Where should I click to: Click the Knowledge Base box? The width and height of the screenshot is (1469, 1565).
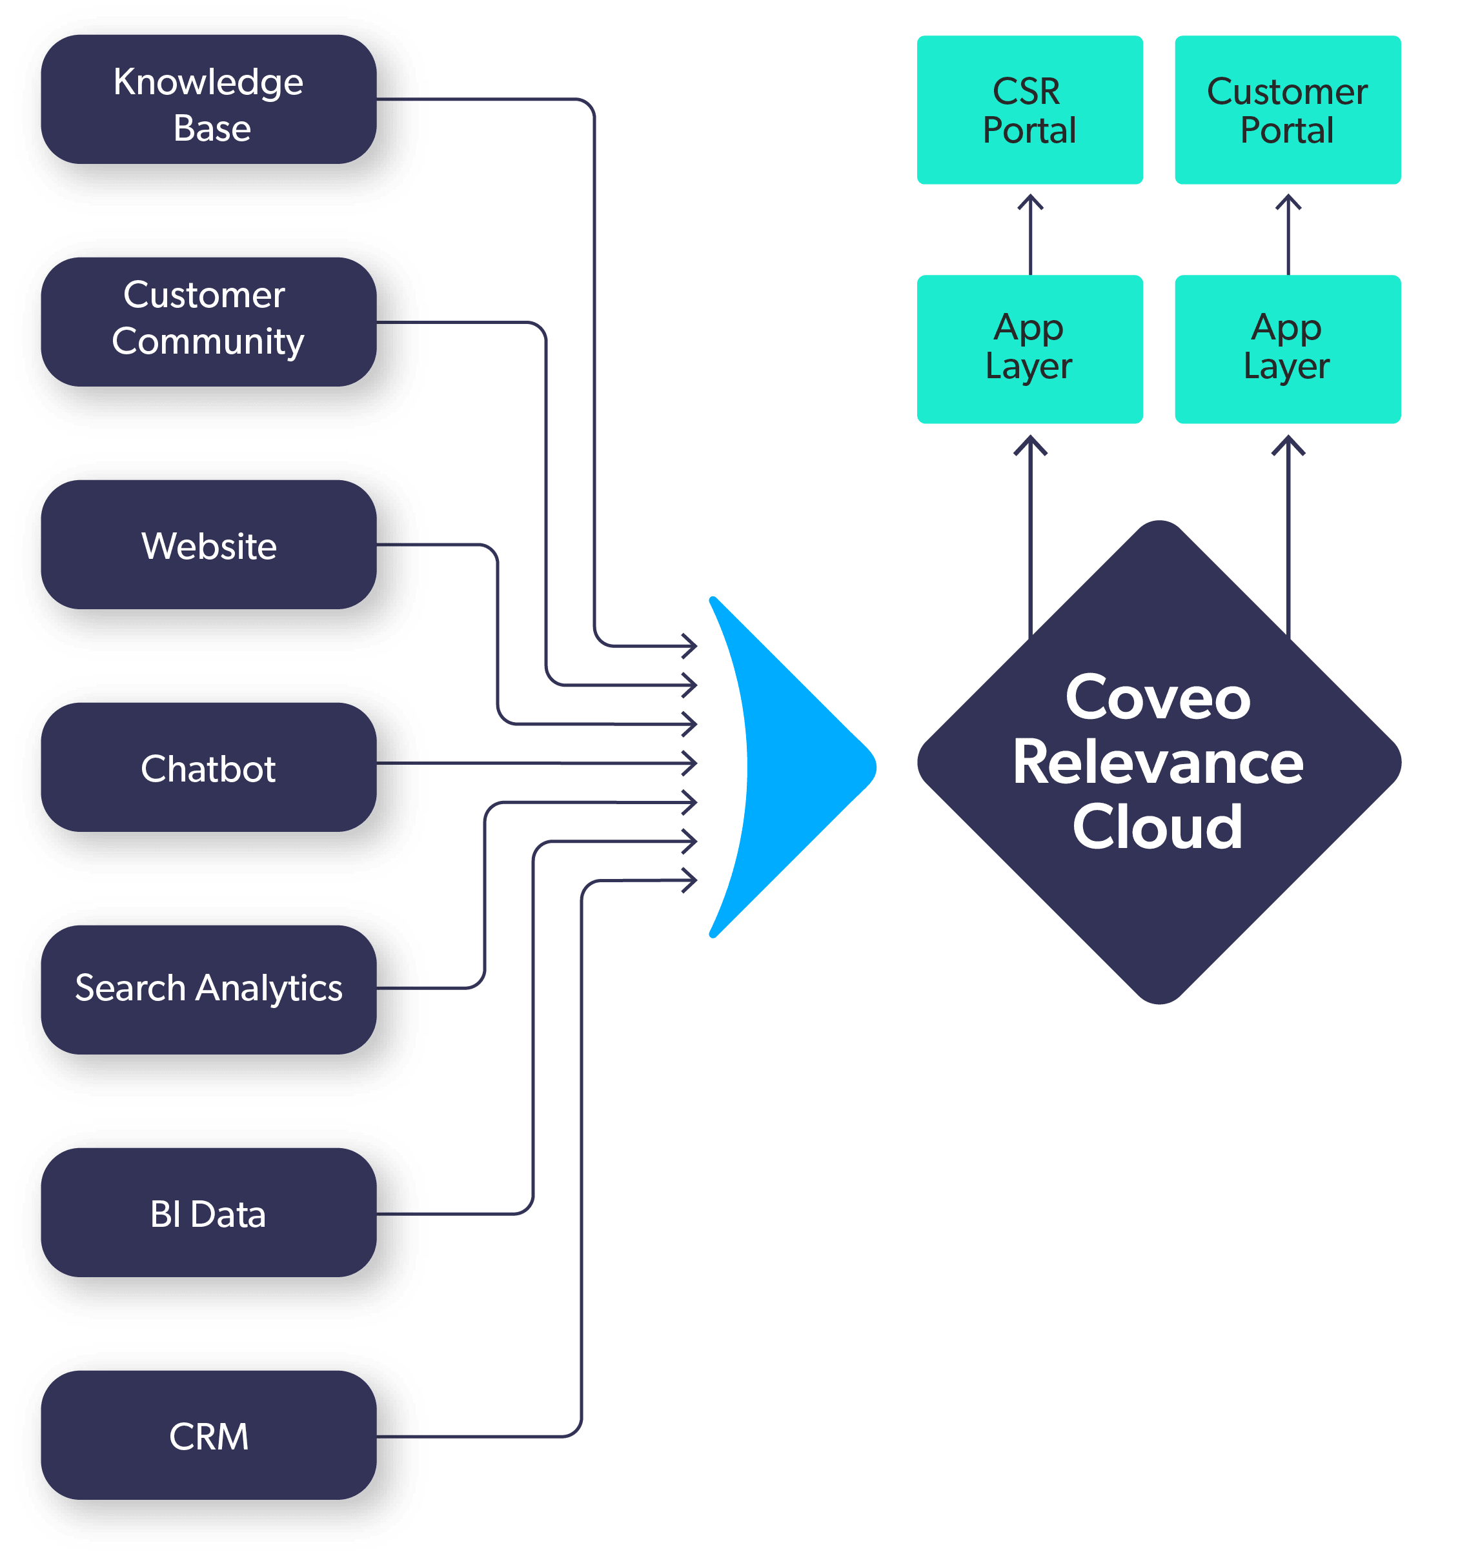[x=208, y=99]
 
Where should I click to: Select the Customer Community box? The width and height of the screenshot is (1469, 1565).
[x=208, y=322]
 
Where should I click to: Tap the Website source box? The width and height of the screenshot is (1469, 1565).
[x=208, y=545]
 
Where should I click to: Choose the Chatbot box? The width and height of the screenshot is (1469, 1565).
[x=208, y=767]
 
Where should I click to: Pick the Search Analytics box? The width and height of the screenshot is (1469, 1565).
[x=208, y=989]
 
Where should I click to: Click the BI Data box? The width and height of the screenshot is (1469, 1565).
[x=208, y=1213]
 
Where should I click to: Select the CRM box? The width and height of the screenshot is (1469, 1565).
[x=208, y=1435]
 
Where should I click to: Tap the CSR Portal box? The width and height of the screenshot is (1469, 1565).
[x=1029, y=110]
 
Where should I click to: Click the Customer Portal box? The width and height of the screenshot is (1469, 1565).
[x=1288, y=110]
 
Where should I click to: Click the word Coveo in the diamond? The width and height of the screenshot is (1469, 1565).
[x=1158, y=698]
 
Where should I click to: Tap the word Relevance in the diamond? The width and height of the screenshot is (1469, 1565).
[x=1158, y=762]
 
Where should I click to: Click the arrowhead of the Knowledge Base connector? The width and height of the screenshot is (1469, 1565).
[x=689, y=646]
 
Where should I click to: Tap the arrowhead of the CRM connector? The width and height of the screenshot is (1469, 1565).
[x=689, y=880]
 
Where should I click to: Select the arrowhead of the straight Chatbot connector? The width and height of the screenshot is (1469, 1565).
[x=689, y=763]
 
